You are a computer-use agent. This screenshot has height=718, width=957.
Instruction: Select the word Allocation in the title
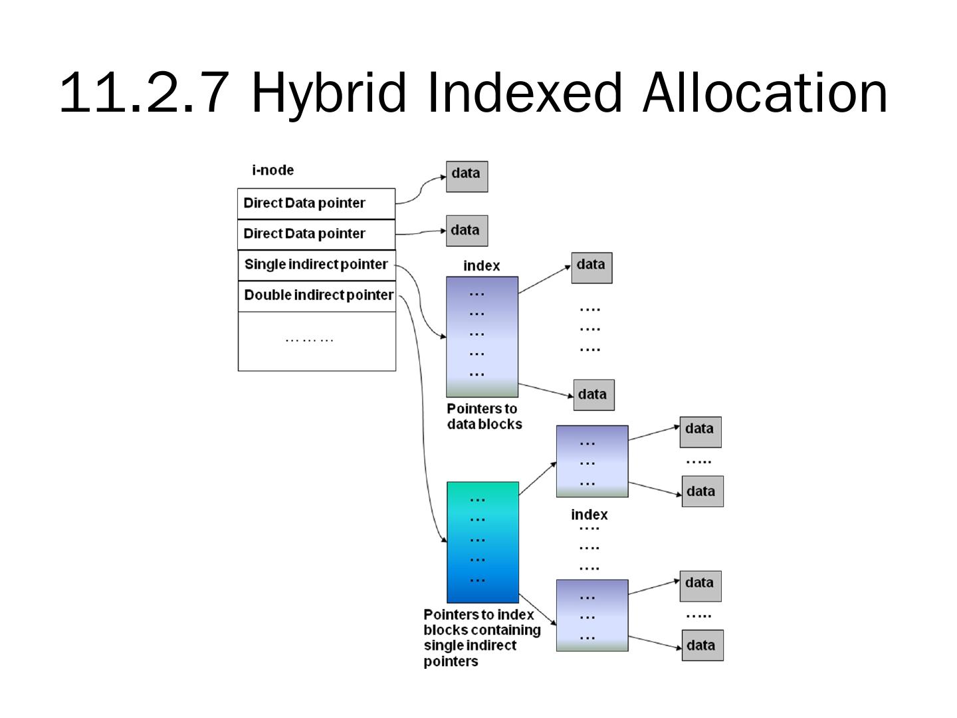pyautogui.click(x=765, y=93)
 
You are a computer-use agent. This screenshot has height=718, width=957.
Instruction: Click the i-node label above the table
pyautogui.click(x=272, y=170)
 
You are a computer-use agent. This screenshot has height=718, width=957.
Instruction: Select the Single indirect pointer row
pyautogui.click(x=316, y=265)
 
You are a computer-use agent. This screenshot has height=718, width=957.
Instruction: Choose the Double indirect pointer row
pyautogui.click(x=317, y=295)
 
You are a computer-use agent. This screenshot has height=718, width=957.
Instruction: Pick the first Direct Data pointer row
pyautogui.click(x=316, y=203)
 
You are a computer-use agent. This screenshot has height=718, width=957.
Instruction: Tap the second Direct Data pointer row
pyautogui.click(x=316, y=234)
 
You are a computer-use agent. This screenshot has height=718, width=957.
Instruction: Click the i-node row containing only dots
pyautogui.click(x=316, y=340)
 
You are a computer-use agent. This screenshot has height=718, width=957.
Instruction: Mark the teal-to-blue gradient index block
pyautogui.click(x=482, y=542)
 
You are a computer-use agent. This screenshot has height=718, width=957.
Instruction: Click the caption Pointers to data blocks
pyautogui.click(x=484, y=417)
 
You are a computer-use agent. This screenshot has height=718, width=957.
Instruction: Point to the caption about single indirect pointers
pyautogui.click(x=482, y=638)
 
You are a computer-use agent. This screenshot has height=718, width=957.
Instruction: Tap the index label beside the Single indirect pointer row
pyautogui.click(x=481, y=266)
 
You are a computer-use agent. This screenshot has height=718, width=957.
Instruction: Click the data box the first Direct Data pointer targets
pyautogui.click(x=467, y=176)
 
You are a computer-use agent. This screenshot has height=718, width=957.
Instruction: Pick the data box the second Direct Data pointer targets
pyautogui.click(x=467, y=231)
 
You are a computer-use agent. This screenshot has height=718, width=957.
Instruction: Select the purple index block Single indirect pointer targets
pyautogui.click(x=482, y=336)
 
